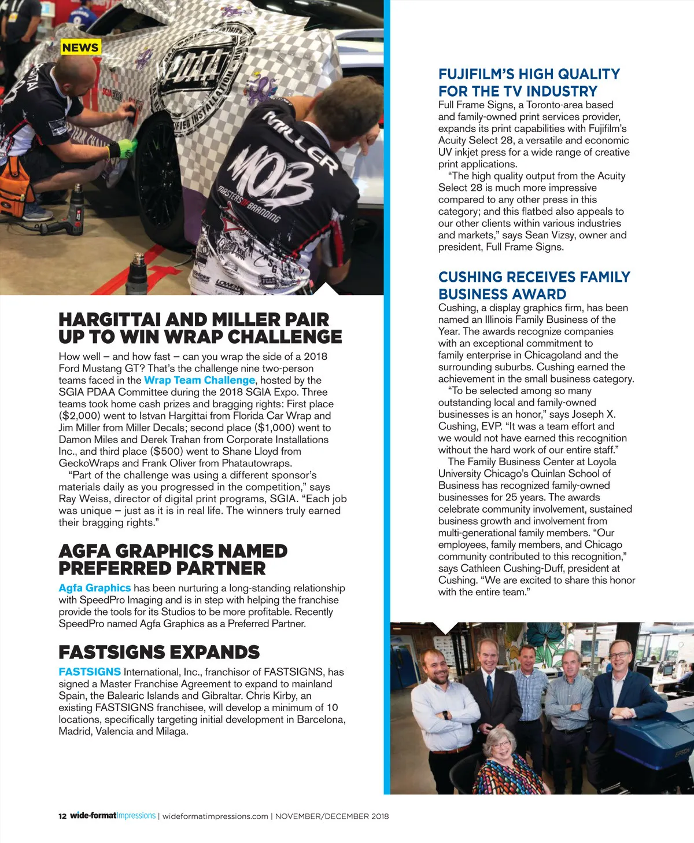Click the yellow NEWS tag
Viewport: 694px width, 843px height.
pyautogui.click(x=80, y=47)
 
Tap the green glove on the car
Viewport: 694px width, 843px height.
pyautogui.click(x=124, y=148)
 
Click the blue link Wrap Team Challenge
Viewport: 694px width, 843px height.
pyautogui.click(x=200, y=380)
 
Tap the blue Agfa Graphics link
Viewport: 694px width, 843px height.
pyautogui.click(x=94, y=588)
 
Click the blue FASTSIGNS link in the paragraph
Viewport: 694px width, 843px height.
pyautogui.click(x=90, y=672)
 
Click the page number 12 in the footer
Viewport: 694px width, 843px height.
pyautogui.click(x=62, y=816)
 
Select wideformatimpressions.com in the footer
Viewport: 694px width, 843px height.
pyautogui.click(x=215, y=816)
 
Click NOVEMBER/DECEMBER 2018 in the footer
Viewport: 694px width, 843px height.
pyautogui.click(x=331, y=816)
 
